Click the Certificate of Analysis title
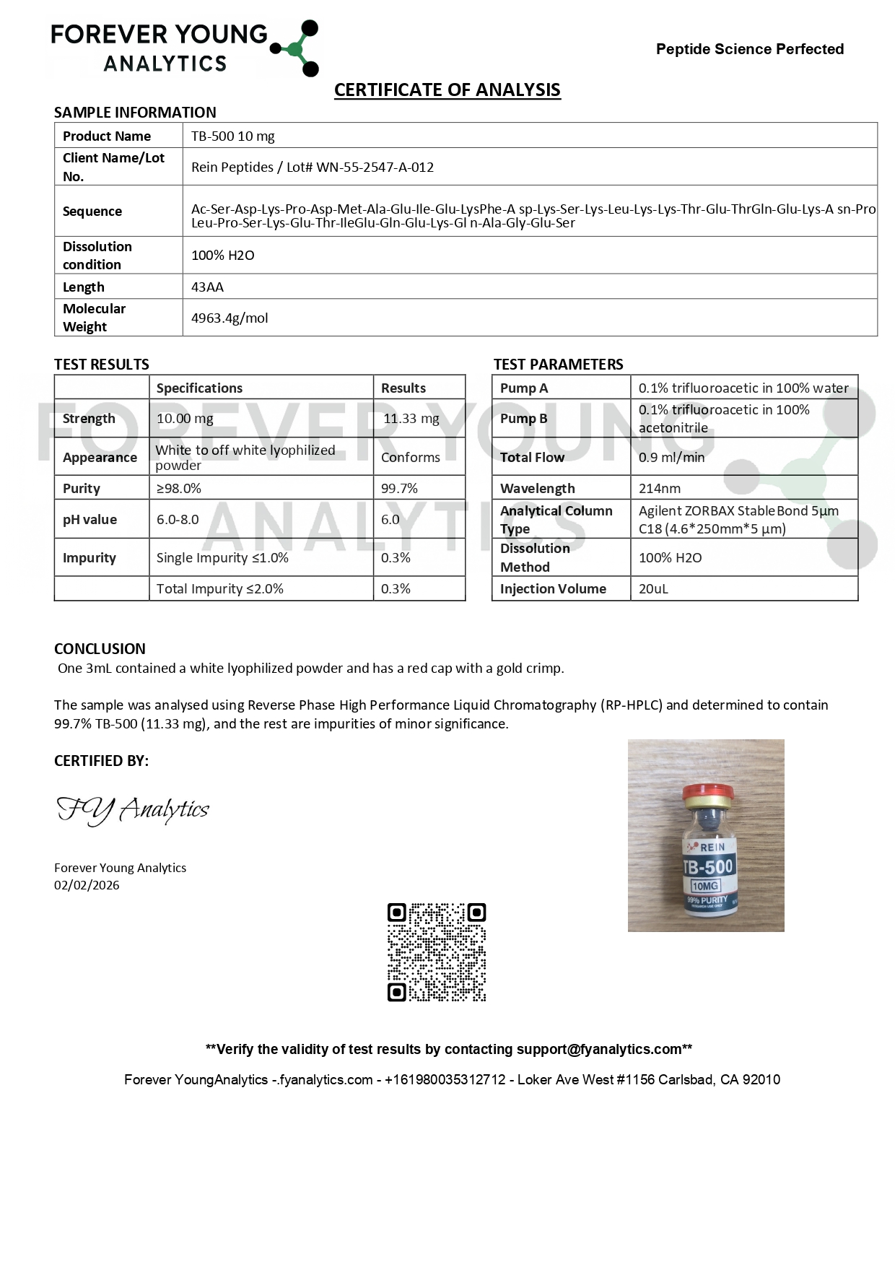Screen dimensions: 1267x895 click(447, 90)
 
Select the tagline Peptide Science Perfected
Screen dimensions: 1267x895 click(749, 49)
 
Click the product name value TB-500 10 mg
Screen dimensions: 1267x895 click(232, 136)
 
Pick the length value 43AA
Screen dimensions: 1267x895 click(207, 287)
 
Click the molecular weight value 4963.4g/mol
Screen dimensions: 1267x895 click(229, 318)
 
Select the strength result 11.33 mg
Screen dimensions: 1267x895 click(411, 419)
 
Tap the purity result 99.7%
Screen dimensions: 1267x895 click(399, 489)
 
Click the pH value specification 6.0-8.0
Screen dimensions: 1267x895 click(178, 520)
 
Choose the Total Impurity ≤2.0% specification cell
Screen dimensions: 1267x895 click(219, 589)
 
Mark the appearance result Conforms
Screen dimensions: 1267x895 click(410, 458)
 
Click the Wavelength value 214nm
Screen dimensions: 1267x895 click(659, 489)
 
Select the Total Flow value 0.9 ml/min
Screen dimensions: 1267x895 click(671, 458)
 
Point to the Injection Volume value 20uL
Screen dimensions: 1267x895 click(653, 589)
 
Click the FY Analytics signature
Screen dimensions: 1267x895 click(133, 810)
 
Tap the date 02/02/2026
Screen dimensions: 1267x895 click(87, 885)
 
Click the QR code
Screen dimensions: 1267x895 click(437, 952)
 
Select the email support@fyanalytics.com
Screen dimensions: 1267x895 click(599, 1049)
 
